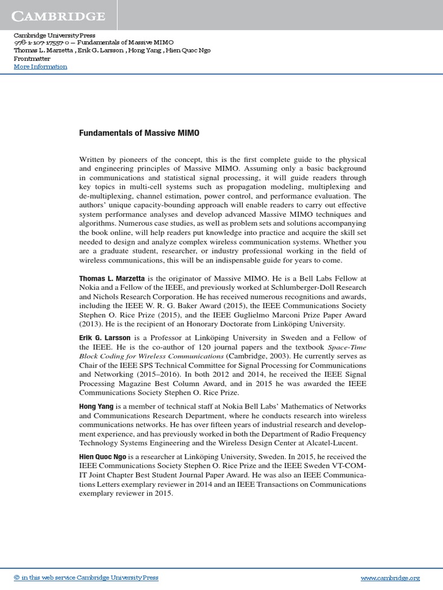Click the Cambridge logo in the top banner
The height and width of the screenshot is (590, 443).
(60, 16)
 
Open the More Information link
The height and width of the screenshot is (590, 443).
(40, 66)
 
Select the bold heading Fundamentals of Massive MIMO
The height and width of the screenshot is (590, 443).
(139, 133)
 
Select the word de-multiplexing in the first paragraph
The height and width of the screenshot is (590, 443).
(104, 196)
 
